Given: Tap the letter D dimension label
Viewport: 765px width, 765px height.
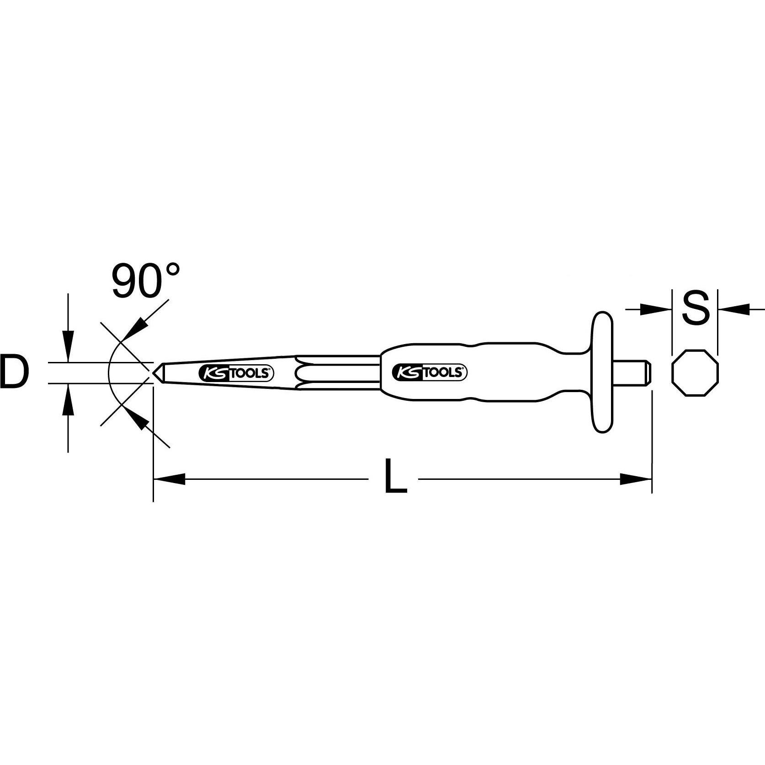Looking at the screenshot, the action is tap(14, 373).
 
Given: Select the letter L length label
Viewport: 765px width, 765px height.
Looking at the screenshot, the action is tap(395, 476).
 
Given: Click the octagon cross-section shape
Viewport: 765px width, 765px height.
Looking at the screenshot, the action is tap(695, 373).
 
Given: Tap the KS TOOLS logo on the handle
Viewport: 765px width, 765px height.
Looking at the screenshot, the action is tap(430, 372).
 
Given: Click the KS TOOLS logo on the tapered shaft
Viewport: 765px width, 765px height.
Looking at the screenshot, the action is tap(237, 373).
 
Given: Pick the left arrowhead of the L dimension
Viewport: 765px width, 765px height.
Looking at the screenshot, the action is tap(170, 479).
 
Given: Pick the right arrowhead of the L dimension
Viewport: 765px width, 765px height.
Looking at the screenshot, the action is tap(636, 479).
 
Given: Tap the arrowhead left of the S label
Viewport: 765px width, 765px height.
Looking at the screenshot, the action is tap(656, 309).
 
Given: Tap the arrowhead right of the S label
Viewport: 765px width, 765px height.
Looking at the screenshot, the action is tap(734, 309).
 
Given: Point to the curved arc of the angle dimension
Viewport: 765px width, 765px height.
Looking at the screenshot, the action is tap(109, 373).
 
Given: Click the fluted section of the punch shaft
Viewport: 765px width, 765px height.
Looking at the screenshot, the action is tap(338, 372).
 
